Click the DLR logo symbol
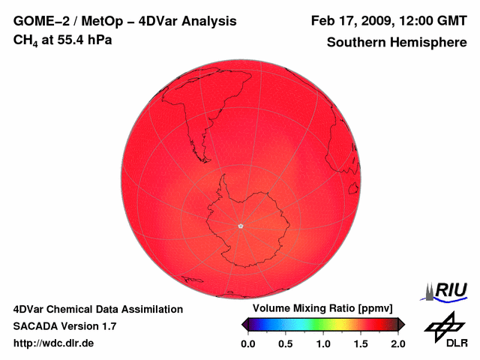click(444, 326)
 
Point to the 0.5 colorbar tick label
click(285, 343)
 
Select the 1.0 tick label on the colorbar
click(323, 343)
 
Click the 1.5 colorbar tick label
click(361, 343)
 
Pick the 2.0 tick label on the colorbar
click(398, 343)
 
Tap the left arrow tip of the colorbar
click(243, 324)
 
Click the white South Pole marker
click(240, 225)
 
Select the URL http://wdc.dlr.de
click(54, 343)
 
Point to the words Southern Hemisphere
click(397, 43)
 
